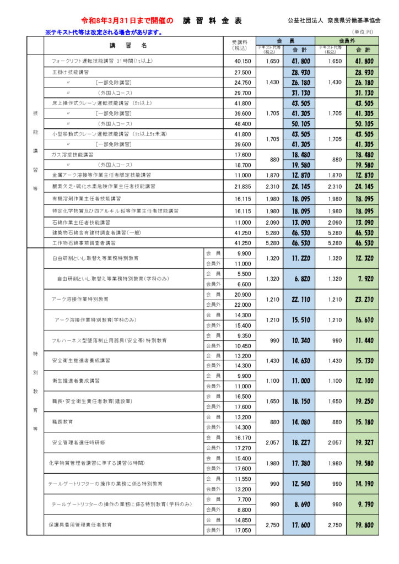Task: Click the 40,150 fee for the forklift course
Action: coord(242,61)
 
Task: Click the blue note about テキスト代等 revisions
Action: coord(104,32)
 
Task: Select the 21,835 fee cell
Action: coord(242,186)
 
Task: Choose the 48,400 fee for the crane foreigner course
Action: coord(242,124)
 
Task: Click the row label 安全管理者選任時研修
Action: coord(78,443)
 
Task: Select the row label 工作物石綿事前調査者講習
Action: coord(84,242)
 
